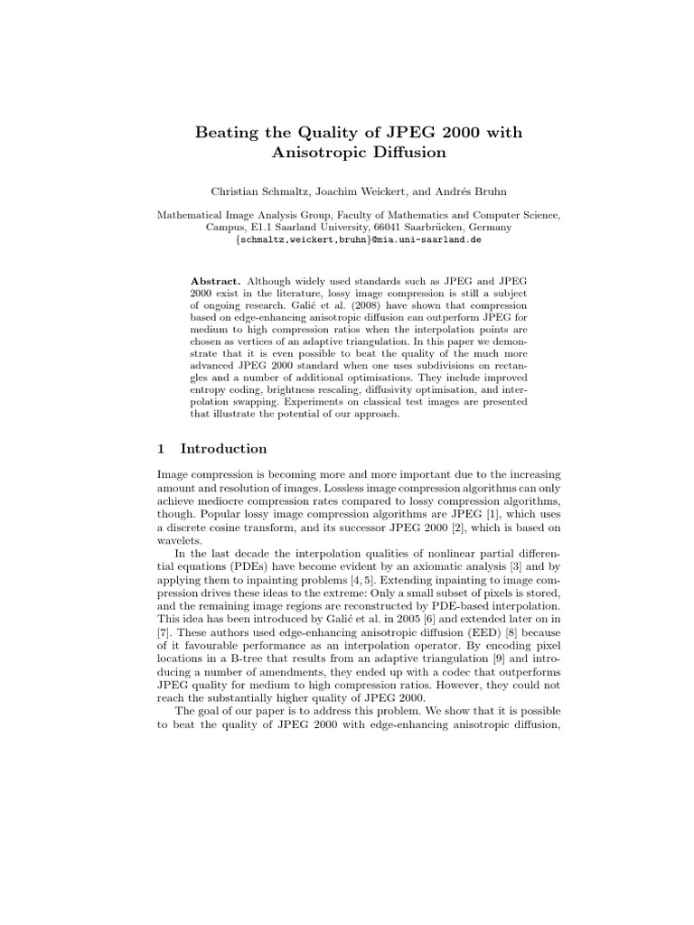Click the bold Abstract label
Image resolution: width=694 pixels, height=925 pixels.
(216, 281)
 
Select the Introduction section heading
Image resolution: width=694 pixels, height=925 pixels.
(223, 449)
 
